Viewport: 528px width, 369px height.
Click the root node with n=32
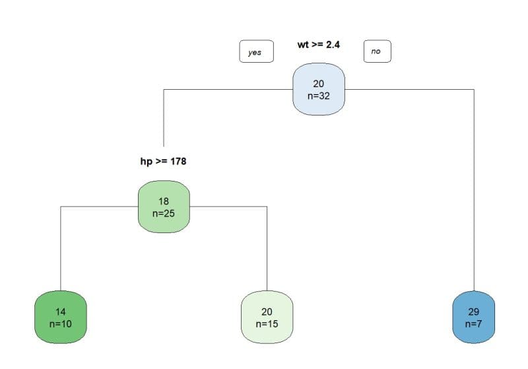point(319,89)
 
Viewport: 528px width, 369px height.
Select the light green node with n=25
point(164,207)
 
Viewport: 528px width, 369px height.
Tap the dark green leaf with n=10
point(61,318)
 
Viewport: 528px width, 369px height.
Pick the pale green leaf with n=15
point(267,318)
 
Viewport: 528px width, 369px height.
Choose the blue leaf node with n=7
point(473,318)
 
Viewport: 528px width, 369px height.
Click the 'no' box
point(376,51)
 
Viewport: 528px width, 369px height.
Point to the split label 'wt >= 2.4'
point(319,45)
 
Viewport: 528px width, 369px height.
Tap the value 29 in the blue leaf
point(473,312)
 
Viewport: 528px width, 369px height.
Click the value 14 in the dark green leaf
point(61,312)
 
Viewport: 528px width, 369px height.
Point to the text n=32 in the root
point(319,96)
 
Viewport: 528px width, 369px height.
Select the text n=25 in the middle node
point(164,213)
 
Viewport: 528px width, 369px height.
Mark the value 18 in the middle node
point(164,201)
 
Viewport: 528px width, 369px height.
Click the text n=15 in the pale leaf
point(267,324)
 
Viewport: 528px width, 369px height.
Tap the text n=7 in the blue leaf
point(473,324)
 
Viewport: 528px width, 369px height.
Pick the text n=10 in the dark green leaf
point(61,324)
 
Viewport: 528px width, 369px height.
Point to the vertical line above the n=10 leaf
point(61,251)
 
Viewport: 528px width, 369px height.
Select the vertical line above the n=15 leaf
point(267,251)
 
